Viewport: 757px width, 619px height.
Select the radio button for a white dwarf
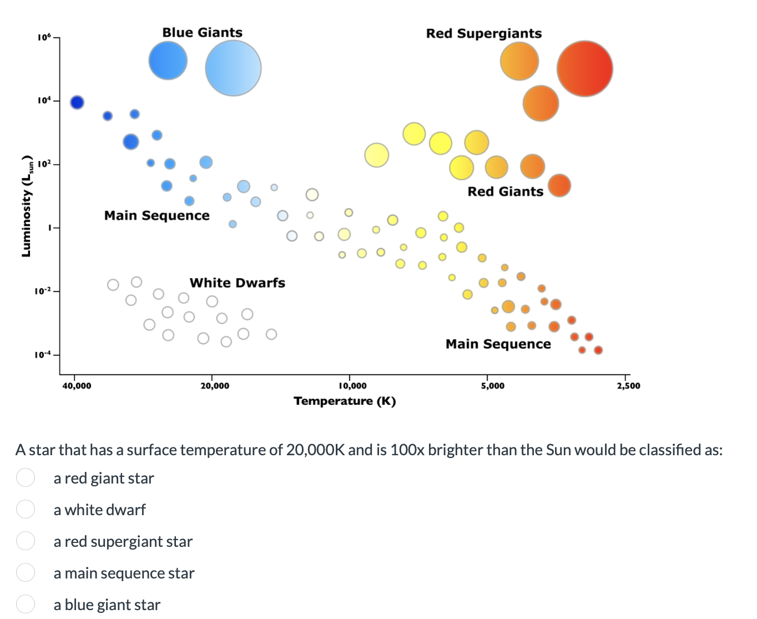tap(26, 509)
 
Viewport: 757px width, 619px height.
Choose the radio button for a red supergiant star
tap(26, 540)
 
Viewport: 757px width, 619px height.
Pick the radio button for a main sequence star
tap(26, 572)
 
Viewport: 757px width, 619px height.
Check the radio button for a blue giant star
tap(26, 603)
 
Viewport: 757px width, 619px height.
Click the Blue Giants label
tap(202, 33)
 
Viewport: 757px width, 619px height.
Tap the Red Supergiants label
tap(483, 34)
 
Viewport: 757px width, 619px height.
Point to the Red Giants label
tap(505, 192)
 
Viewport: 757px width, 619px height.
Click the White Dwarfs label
tap(237, 283)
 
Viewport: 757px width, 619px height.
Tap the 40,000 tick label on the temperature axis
tap(77, 386)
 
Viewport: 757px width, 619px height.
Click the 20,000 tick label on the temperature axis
tap(214, 386)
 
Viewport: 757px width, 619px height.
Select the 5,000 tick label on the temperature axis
tap(492, 386)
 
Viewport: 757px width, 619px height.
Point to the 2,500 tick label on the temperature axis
tap(628, 386)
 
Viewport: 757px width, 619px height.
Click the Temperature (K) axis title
tap(345, 401)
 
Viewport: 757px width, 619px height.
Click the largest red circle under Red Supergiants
tap(584, 69)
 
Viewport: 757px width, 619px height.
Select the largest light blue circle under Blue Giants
tap(233, 68)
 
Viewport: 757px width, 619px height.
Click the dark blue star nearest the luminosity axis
tap(77, 102)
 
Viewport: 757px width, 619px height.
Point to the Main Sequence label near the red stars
tap(498, 344)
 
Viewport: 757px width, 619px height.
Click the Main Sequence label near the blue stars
tap(157, 215)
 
